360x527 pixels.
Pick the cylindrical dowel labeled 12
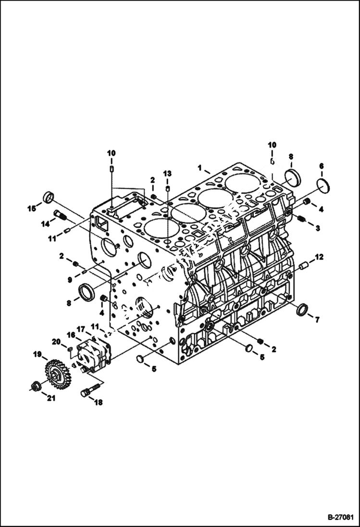(x=303, y=265)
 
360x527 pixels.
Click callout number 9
(x=70, y=279)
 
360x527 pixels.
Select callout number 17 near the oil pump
(x=81, y=330)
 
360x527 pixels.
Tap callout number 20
(x=56, y=341)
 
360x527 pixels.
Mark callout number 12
(x=320, y=257)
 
